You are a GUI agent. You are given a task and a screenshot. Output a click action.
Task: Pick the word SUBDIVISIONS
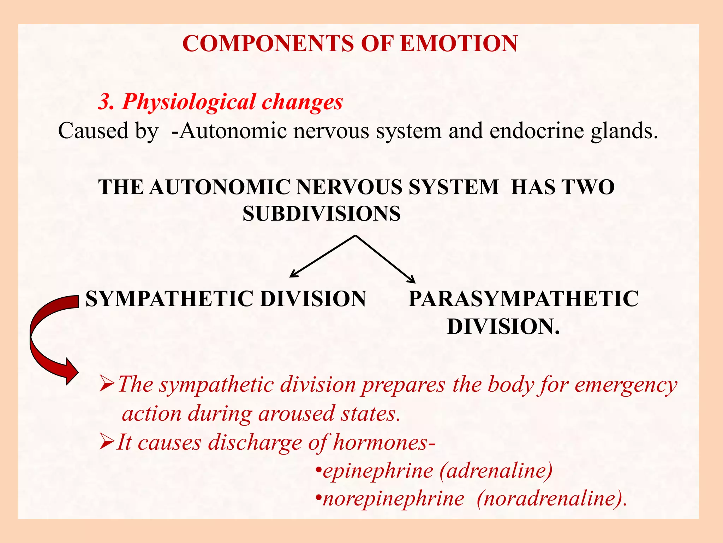(322, 214)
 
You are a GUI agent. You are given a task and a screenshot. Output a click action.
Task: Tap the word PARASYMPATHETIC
(523, 299)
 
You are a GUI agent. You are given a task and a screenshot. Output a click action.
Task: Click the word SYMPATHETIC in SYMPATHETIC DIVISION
(169, 299)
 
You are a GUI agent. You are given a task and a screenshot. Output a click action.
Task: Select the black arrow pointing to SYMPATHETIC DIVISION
(321, 256)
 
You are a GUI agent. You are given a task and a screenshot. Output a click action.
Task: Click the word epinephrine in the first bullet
(378, 472)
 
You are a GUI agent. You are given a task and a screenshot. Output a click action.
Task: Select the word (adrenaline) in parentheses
(496, 471)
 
